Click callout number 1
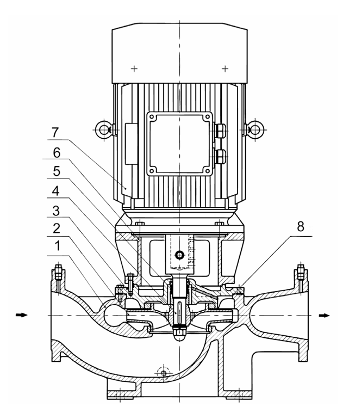[57, 246]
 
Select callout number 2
[57, 228]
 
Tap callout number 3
[57, 211]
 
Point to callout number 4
[56, 191]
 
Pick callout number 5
[57, 171]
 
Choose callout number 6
[57, 152]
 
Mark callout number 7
[55, 133]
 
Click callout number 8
[300, 226]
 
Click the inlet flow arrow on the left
[22, 315]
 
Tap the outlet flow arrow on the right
[324, 316]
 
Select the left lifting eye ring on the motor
[104, 129]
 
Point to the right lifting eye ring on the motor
[255, 129]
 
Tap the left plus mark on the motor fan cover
[134, 69]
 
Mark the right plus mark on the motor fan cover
[225, 69]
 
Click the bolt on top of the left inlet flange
[59, 272]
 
